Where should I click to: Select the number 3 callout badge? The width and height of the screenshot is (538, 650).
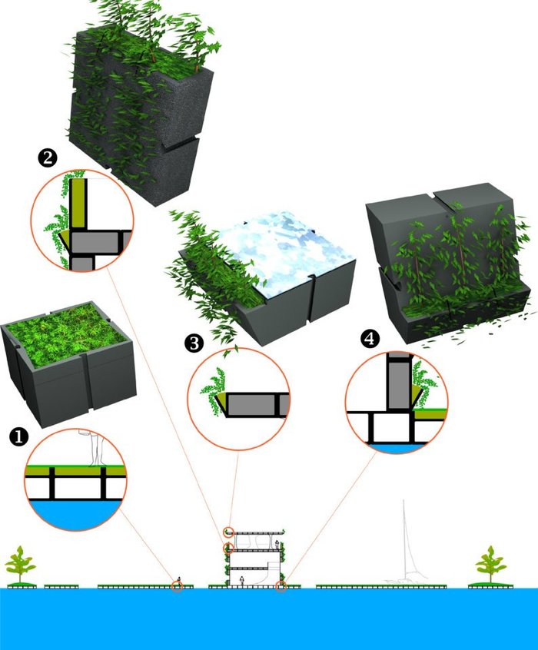tap(195, 343)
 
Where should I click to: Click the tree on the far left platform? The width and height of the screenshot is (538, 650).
tap(20, 565)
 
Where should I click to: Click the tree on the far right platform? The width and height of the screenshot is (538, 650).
tap(490, 565)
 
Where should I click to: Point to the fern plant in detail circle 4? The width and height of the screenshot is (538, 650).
tap(420, 380)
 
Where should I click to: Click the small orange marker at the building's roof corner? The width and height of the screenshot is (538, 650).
tap(228, 531)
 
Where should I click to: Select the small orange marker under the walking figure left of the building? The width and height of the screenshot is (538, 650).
tap(178, 586)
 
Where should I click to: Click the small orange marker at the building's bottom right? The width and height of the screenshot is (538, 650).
tap(281, 586)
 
